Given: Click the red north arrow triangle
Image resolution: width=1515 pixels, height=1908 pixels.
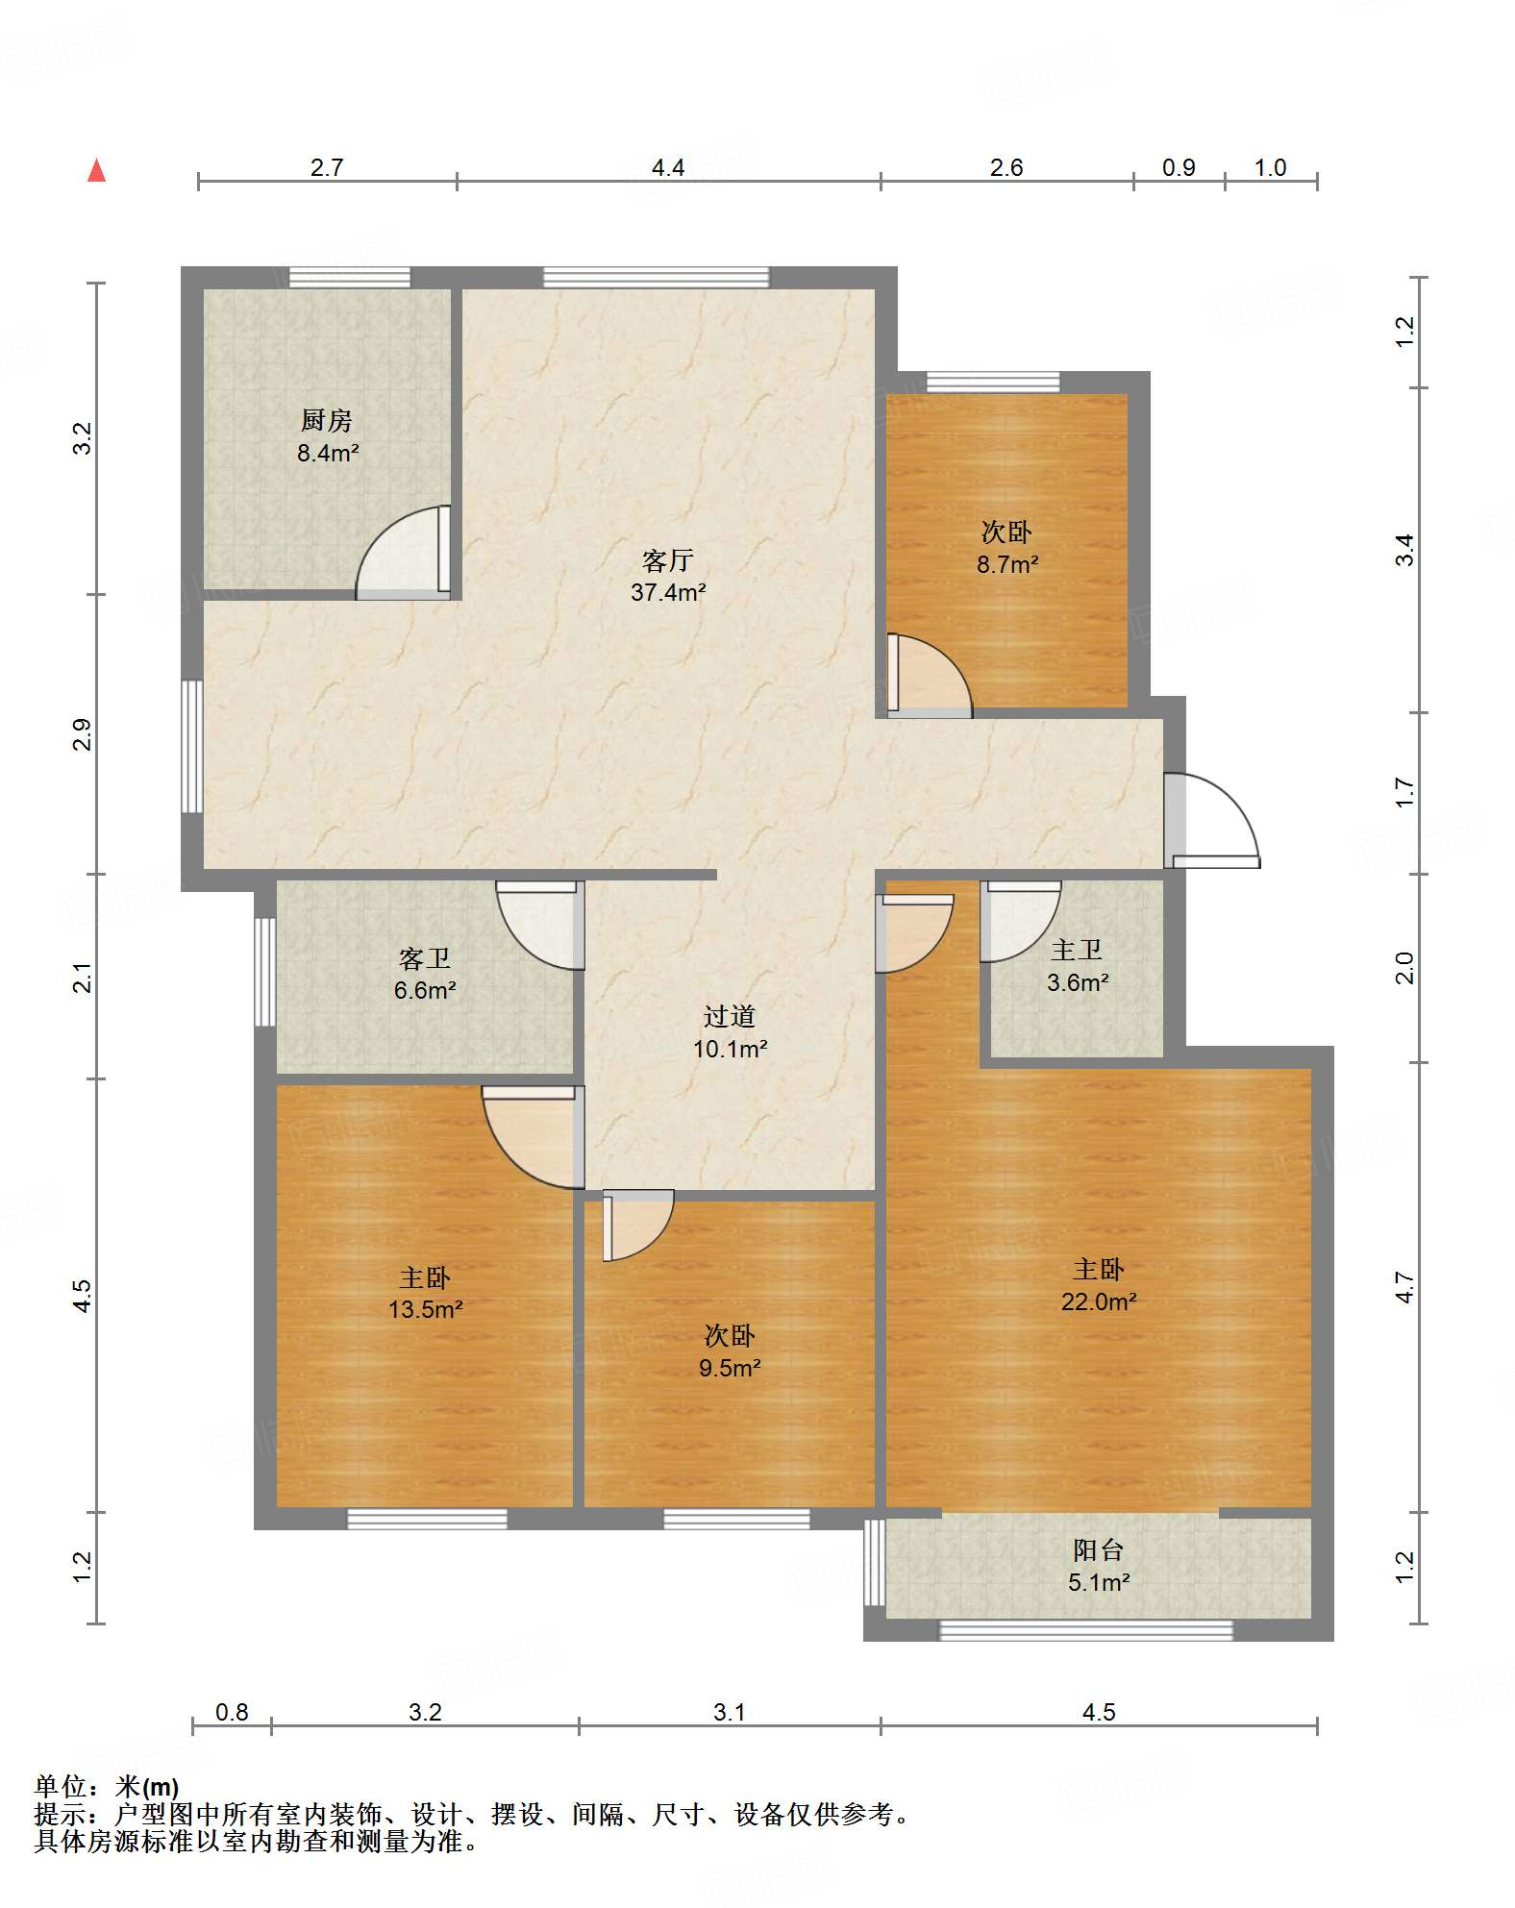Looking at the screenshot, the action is (96, 170).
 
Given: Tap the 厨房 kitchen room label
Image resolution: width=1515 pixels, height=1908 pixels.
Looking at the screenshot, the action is (327, 420).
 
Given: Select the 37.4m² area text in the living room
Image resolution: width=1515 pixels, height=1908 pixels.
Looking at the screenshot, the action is (668, 592).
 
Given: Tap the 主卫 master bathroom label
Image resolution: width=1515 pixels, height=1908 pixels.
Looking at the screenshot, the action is (1077, 950).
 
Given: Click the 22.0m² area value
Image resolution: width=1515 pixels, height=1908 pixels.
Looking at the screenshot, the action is (1099, 1301).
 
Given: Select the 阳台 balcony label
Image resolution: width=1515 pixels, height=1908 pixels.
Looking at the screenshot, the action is (1099, 1549).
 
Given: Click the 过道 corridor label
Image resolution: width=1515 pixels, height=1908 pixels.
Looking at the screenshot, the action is (730, 1016).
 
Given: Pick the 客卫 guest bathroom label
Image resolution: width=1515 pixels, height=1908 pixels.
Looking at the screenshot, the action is (425, 958).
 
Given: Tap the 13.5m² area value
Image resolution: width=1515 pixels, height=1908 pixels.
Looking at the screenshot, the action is (426, 1309).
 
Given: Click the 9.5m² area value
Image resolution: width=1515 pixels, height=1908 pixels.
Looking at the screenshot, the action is (730, 1368).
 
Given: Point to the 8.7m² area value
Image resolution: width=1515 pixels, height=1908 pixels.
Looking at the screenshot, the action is (1007, 564).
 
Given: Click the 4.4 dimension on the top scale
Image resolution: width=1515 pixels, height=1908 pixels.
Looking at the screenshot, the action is (668, 167).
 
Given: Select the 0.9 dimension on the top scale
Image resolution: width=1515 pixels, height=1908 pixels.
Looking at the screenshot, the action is (1179, 167).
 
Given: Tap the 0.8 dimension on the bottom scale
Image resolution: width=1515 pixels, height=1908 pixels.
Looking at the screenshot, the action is (232, 1712).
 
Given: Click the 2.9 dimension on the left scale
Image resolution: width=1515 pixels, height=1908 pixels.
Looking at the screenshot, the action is (84, 734).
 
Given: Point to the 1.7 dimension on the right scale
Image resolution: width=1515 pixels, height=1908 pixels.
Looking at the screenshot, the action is (1404, 793).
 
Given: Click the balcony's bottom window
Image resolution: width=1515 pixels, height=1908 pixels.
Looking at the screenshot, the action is (1086, 1630).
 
